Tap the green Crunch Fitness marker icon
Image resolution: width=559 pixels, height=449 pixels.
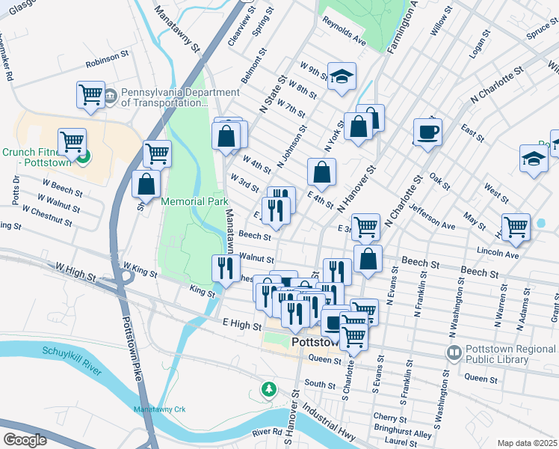(84, 156)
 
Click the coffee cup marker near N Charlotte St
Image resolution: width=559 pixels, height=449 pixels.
(427, 132)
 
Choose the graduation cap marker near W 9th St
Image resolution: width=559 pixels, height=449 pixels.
(342, 76)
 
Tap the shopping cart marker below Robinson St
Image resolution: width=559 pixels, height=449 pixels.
(90, 94)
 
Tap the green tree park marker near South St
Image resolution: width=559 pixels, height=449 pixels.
(268, 388)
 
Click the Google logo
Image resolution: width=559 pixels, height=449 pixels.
(25, 440)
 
